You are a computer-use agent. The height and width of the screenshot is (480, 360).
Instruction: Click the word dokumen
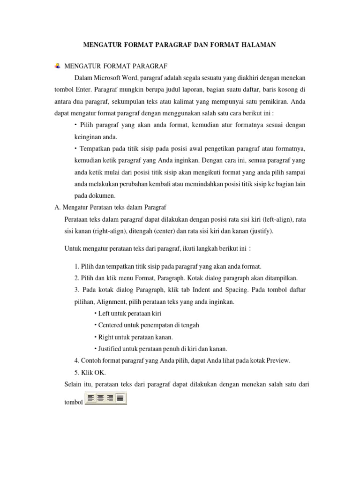point(104,195)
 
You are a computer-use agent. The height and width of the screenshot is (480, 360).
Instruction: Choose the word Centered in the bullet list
point(111,325)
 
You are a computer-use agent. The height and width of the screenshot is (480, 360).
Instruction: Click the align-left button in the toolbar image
point(91,398)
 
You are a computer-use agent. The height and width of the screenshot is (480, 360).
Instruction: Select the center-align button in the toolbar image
point(101,398)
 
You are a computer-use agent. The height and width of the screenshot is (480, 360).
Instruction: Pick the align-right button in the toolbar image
point(111,398)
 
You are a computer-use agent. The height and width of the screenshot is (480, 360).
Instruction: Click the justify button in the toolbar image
point(120,398)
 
